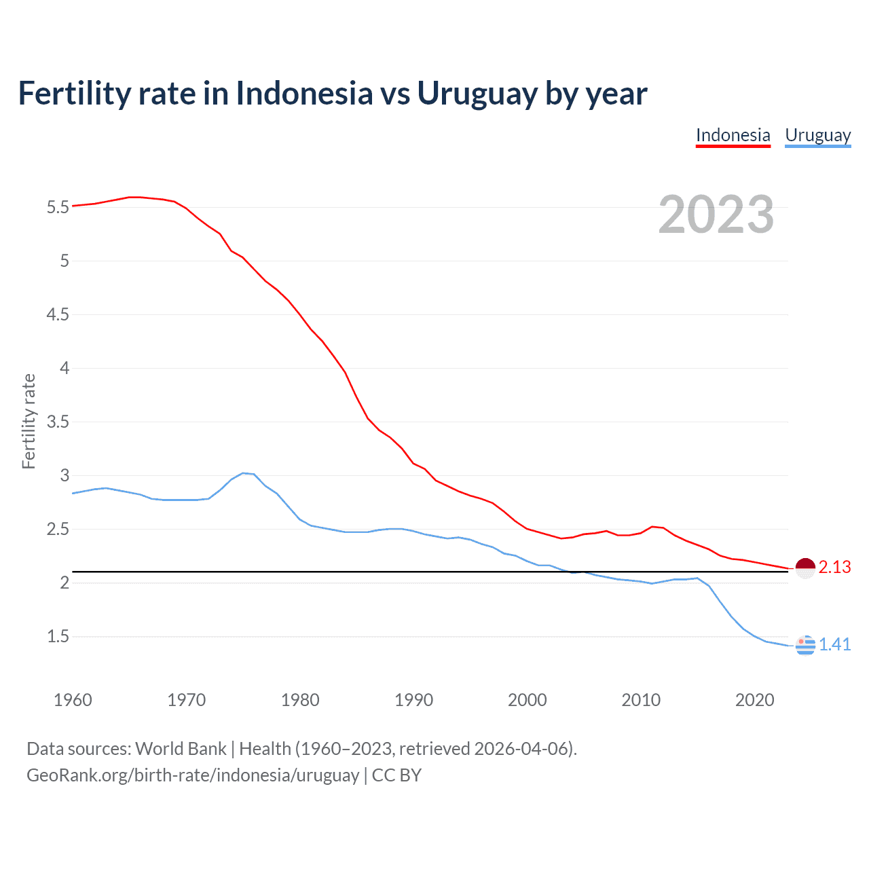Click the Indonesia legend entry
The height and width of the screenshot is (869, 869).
click(x=733, y=135)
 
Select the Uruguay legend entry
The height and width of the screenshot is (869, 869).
click(x=817, y=135)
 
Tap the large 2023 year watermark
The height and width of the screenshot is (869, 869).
click(x=716, y=215)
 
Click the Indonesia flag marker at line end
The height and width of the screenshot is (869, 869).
click(x=805, y=568)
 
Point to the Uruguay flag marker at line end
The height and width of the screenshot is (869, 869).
click(x=805, y=645)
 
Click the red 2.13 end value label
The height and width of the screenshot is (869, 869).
click(x=834, y=568)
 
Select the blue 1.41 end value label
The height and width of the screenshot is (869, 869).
click(x=834, y=645)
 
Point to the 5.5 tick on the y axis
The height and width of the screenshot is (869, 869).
click(x=58, y=208)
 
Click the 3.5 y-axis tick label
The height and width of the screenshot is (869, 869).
click(x=58, y=422)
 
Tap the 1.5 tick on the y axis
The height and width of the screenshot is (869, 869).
click(x=58, y=637)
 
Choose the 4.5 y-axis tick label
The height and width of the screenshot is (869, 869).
click(x=58, y=315)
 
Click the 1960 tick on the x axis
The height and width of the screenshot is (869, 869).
click(x=73, y=700)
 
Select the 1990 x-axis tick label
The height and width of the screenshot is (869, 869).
click(x=413, y=700)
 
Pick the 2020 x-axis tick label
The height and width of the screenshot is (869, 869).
click(x=754, y=700)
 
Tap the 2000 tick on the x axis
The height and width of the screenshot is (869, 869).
click(x=527, y=700)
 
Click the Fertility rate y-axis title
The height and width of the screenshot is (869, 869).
click(x=29, y=421)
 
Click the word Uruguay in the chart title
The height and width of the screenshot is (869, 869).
click(x=477, y=94)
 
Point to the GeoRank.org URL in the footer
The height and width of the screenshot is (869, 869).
click(x=193, y=775)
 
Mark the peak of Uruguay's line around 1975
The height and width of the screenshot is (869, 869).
click(x=243, y=473)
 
